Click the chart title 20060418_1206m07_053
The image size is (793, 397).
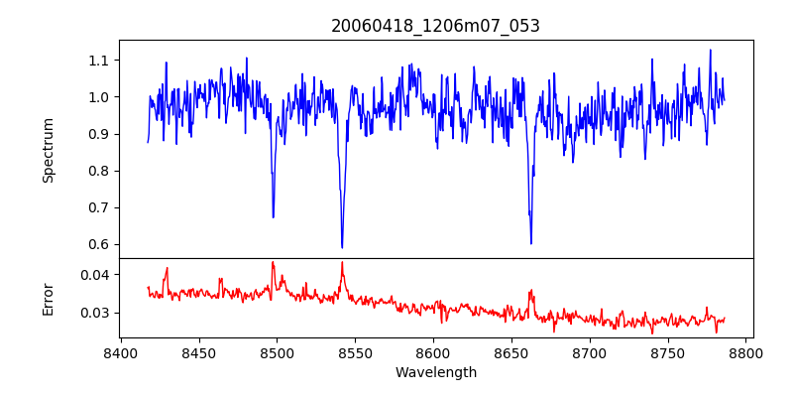[435, 26]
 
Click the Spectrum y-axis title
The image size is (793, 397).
[48, 150]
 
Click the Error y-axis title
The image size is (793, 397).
[48, 299]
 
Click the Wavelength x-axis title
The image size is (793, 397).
[435, 373]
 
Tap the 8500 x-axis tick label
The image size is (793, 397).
[277, 352]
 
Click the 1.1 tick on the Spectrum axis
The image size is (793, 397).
[98, 61]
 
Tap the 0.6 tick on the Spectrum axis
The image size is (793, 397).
[98, 244]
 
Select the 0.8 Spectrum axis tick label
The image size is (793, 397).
[98, 171]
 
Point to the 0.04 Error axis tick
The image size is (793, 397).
[94, 274]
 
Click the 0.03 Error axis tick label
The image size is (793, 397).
[94, 313]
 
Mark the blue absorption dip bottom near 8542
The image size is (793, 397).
[342, 247]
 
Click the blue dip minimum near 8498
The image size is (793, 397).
[274, 217]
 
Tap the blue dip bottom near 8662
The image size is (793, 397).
[531, 243]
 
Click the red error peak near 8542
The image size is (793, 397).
[342, 262]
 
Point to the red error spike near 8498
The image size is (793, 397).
[273, 262]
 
